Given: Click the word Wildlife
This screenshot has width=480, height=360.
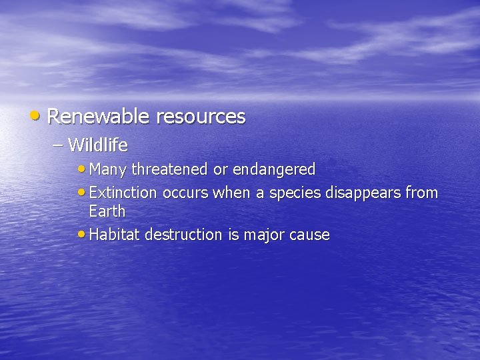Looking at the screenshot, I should (x=98, y=144).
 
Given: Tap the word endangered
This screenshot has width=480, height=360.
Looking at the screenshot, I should (x=274, y=170).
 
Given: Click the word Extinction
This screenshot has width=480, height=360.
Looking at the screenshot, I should (x=123, y=193).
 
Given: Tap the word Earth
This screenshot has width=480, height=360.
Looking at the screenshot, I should (x=107, y=211).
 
